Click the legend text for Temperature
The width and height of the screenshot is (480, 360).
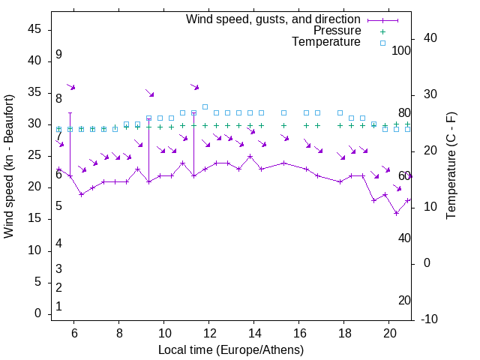[x=326, y=42]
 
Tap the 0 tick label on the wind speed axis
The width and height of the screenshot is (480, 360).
[x=37, y=313]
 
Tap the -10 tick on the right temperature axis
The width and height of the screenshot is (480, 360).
[x=431, y=319]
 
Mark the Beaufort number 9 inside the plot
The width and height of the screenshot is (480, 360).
[x=58, y=55]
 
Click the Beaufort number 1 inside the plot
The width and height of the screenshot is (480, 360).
[x=58, y=307]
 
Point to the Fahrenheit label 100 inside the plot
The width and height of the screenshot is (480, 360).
[x=401, y=51]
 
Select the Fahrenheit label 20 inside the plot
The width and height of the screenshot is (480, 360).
[x=404, y=301]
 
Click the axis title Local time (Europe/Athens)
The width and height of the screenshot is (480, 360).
[x=231, y=349]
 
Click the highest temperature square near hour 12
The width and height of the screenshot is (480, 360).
[x=205, y=106]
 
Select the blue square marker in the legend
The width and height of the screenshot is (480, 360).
[x=382, y=43]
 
